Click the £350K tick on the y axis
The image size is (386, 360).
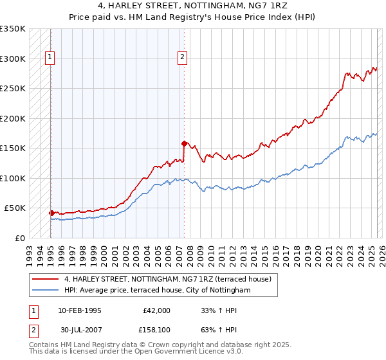point(13,29)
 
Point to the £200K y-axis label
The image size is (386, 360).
point(13,119)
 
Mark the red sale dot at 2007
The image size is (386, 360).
point(185,143)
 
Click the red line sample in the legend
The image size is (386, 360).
point(45,279)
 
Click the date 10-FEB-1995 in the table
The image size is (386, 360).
point(80,310)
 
